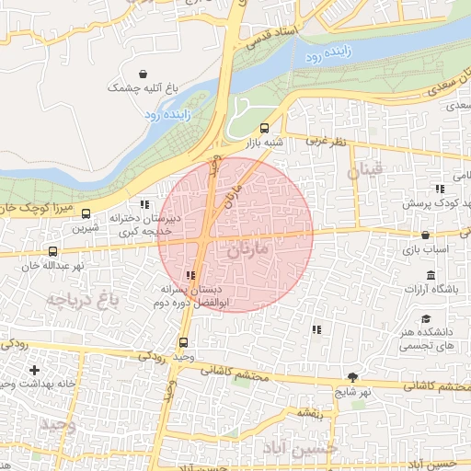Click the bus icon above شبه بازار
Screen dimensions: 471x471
[265, 128]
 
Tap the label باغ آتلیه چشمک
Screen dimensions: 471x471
[142, 88]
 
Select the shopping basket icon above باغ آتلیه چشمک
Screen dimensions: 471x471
[143, 74]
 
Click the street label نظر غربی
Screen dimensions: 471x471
[326, 143]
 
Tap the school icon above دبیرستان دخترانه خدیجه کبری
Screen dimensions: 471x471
[143, 204]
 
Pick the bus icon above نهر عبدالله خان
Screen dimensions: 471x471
[52, 250]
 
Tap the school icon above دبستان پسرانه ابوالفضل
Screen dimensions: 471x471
[190, 275]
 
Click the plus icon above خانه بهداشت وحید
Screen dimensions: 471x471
[35, 370]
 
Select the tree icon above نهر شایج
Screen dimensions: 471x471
[353, 377]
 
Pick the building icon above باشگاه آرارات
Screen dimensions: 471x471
[430, 275]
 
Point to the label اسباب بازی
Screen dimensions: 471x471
[427, 249]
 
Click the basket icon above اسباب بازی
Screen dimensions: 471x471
[427, 235]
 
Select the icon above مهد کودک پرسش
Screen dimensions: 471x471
[440, 188]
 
